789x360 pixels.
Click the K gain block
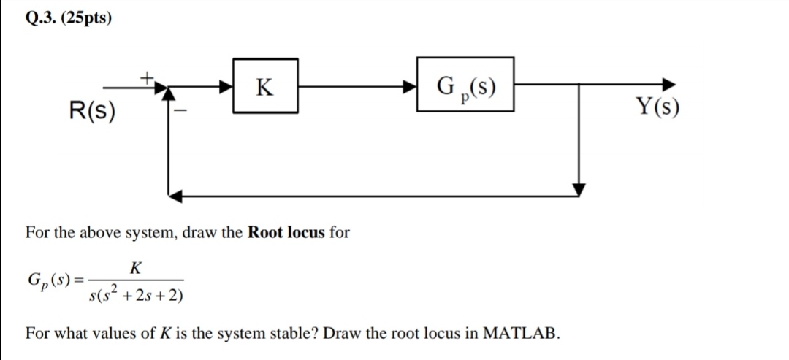[265, 86]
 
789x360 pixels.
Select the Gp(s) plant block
[465, 86]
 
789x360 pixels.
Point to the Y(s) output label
[657, 108]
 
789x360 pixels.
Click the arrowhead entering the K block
[226, 86]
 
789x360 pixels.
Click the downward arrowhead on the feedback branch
[579, 189]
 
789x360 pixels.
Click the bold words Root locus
[286, 233]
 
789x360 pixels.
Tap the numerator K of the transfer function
[134, 268]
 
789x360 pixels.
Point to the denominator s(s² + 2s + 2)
[135, 294]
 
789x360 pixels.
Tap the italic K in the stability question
[164, 334]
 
